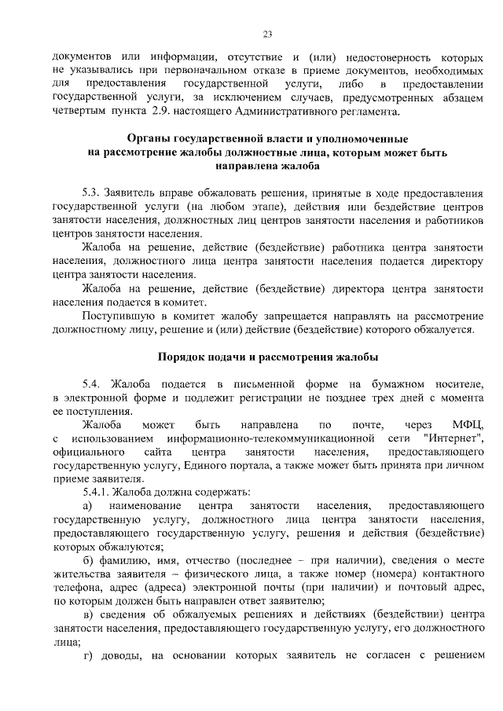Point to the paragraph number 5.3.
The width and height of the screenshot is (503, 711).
point(93,192)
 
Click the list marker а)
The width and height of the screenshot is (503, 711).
point(88,506)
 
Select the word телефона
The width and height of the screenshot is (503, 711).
point(76,588)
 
